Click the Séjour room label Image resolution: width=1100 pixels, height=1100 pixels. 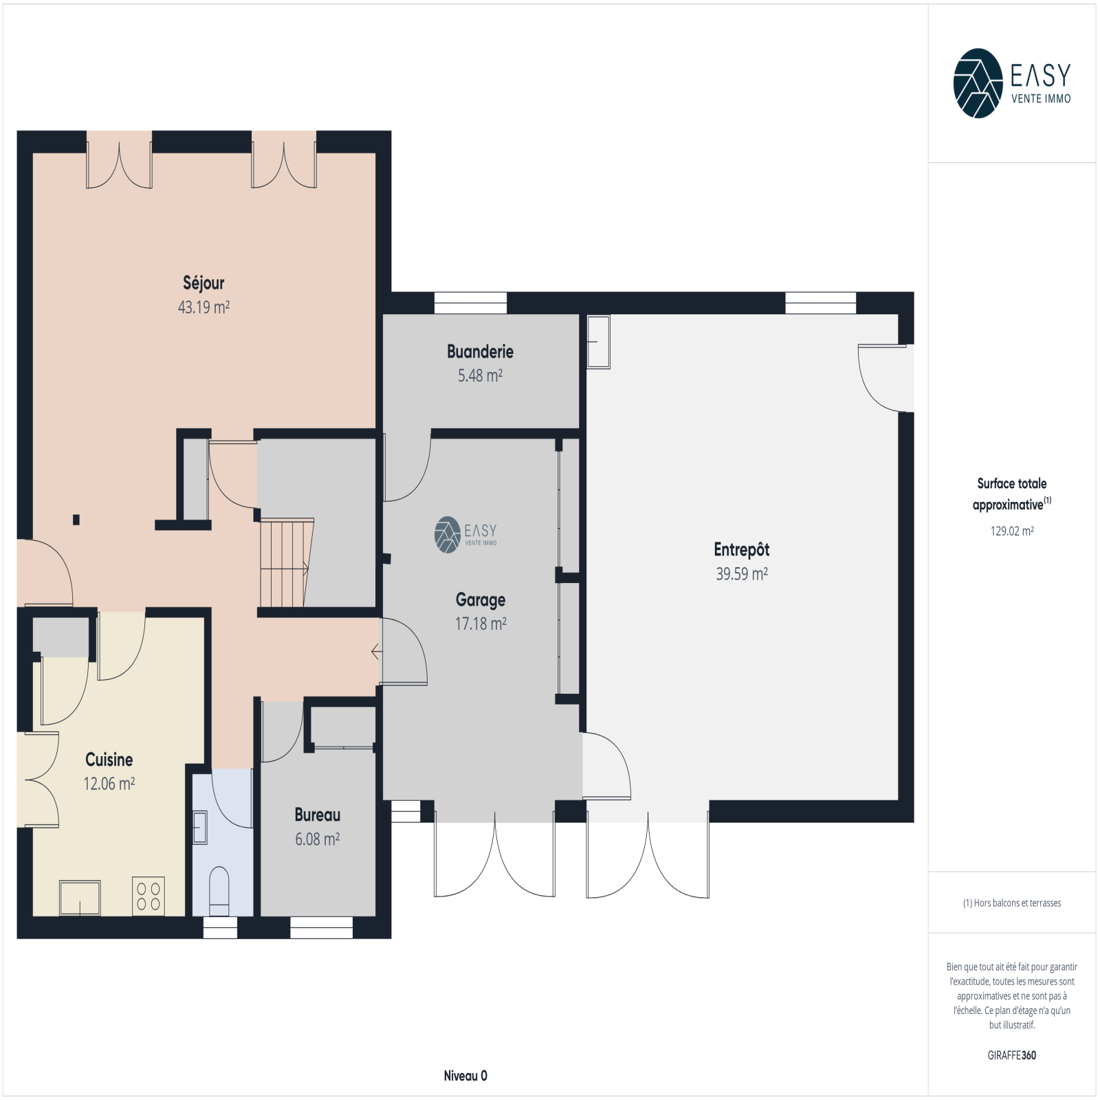(x=203, y=283)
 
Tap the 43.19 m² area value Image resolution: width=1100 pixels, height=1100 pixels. (x=203, y=307)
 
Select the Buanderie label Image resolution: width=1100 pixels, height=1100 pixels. (x=480, y=351)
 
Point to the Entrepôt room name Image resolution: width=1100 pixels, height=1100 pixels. (x=741, y=549)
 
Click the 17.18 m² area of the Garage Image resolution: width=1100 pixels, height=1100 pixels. (x=481, y=624)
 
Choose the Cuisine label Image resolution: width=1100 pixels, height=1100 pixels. (x=109, y=760)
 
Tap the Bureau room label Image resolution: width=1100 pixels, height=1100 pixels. (x=317, y=815)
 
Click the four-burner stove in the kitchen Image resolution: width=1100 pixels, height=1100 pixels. (x=148, y=896)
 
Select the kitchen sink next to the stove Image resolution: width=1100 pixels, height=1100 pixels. (x=80, y=898)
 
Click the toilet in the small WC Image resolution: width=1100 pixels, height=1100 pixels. (x=219, y=892)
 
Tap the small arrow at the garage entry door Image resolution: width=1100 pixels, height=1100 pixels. (x=376, y=650)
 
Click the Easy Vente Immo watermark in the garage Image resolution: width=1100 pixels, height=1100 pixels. (x=465, y=535)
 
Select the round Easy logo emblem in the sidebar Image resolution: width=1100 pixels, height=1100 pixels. (x=978, y=83)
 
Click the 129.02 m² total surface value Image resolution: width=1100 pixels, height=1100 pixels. (x=1012, y=531)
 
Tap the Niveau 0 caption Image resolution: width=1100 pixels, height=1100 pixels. (x=465, y=1076)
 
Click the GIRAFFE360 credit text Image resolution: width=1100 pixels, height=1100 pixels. (x=1012, y=1055)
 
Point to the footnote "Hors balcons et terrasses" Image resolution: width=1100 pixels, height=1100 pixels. (x=1017, y=903)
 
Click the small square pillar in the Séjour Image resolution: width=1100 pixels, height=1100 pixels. (x=76, y=520)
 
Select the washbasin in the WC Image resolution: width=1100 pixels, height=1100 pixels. (x=200, y=827)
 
